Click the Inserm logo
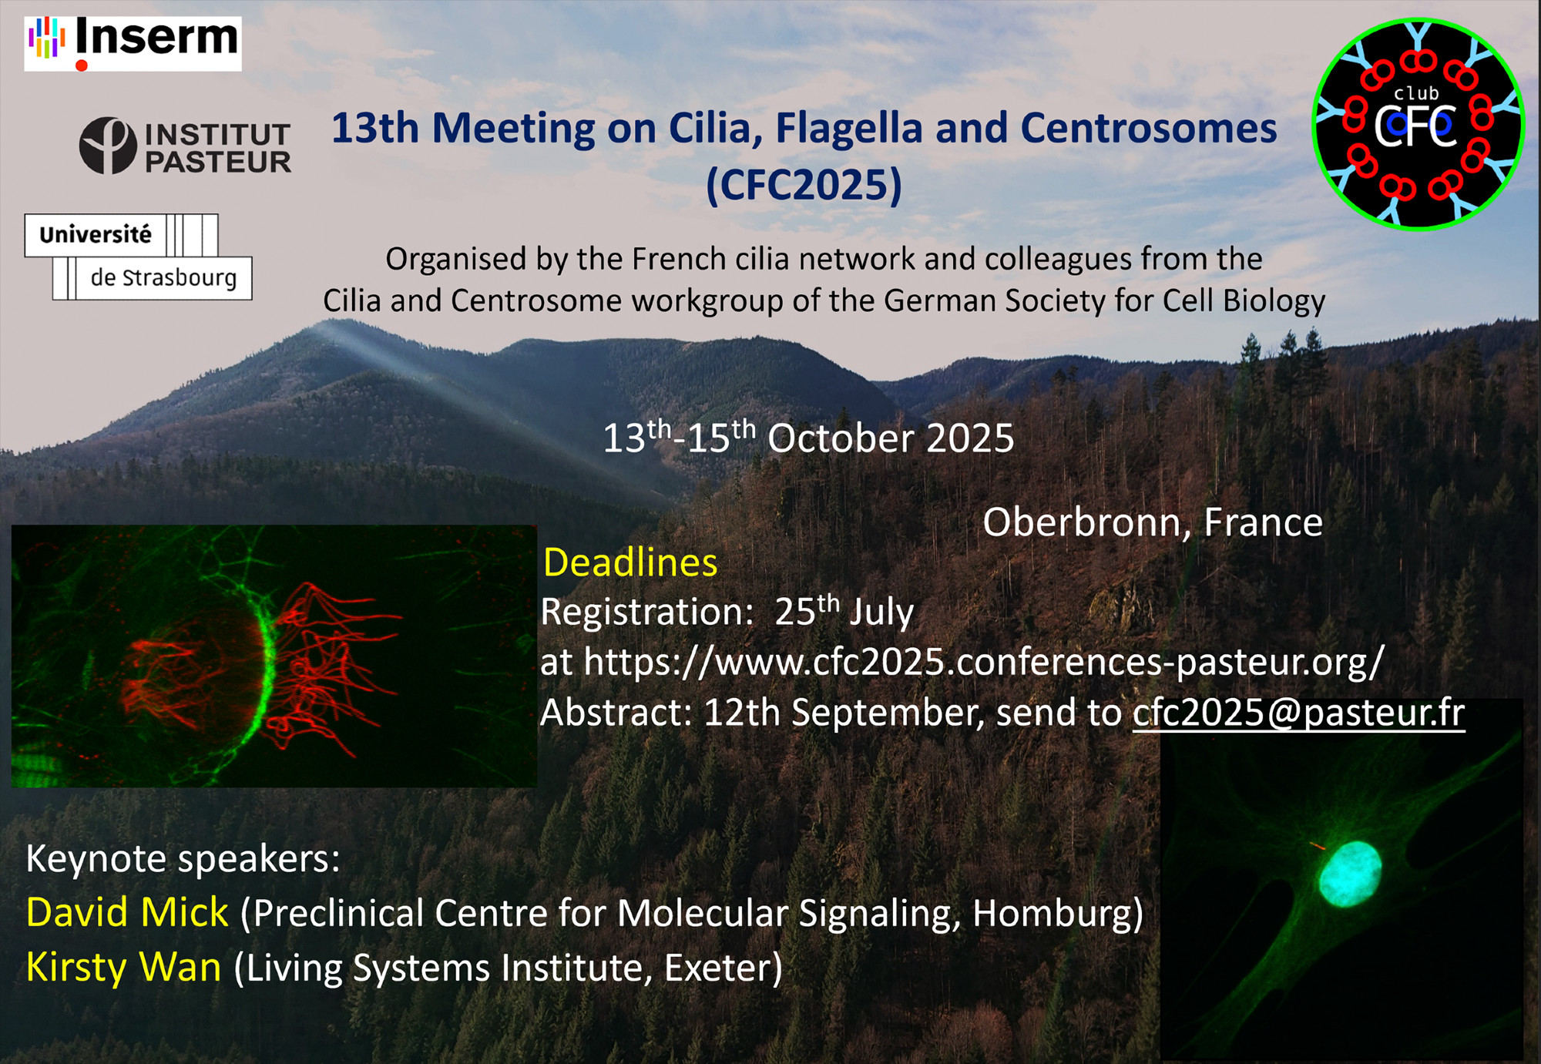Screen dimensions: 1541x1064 click(133, 44)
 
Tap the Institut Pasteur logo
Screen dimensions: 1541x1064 click(185, 146)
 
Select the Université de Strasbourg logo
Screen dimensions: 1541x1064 click(138, 257)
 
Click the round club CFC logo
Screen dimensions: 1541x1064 click(1418, 124)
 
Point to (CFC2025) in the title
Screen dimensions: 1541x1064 click(804, 185)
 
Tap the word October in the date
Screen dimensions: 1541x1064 click(841, 438)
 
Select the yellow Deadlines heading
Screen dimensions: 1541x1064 click(630, 562)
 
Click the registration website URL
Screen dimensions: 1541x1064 click(984, 662)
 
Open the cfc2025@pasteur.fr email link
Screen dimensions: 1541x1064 click(1298, 713)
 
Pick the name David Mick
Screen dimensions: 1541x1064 click(127, 912)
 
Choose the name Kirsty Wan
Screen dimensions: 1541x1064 click(123, 968)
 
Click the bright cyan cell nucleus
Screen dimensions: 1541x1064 click(1350, 873)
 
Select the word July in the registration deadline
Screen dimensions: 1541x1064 click(881, 613)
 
